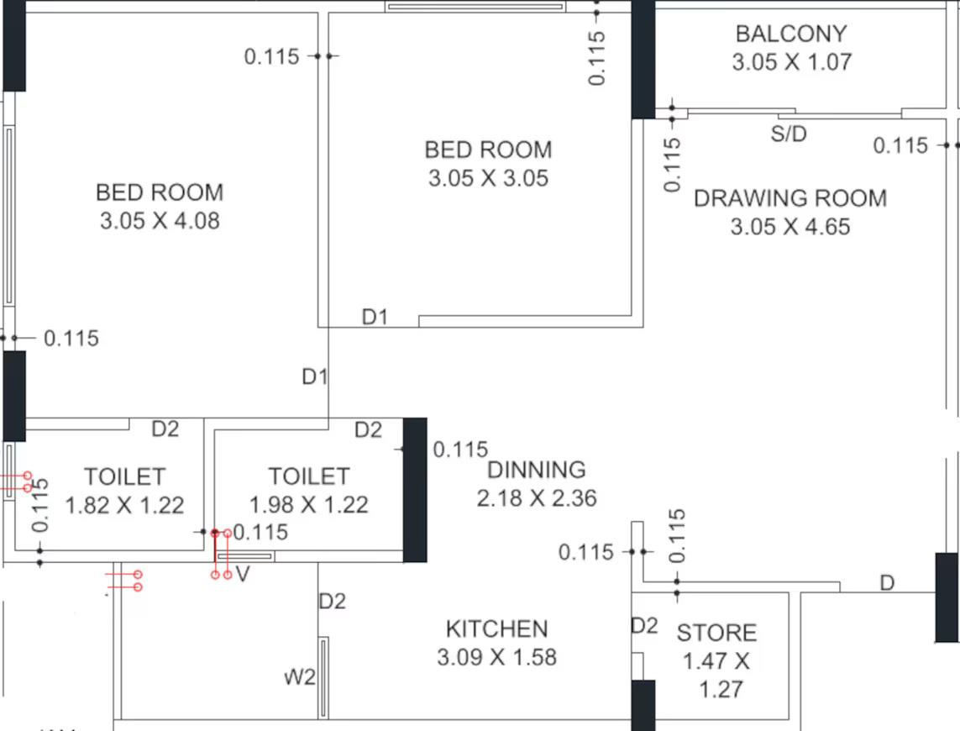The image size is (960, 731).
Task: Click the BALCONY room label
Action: click(x=791, y=34)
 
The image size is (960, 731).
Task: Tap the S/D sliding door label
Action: click(x=789, y=134)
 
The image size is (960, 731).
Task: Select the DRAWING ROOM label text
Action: click(x=790, y=198)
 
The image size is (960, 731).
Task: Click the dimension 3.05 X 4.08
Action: click(x=160, y=221)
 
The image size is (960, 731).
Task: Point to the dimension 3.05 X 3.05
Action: click(x=488, y=178)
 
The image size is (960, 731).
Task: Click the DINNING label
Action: click(x=537, y=470)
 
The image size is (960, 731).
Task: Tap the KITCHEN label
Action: click(x=496, y=629)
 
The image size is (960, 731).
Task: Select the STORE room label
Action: click(x=716, y=633)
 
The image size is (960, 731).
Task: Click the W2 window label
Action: click(x=300, y=677)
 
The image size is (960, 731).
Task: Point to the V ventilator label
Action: click(x=243, y=574)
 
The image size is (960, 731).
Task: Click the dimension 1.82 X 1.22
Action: click(x=124, y=506)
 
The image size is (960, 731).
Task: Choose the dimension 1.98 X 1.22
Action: click(x=308, y=505)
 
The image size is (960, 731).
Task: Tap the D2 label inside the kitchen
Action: click(x=332, y=601)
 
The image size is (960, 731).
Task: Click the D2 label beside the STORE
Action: click(x=645, y=626)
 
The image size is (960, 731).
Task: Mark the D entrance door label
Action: click(x=887, y=583)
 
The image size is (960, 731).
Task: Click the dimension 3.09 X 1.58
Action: click(x=496, y=657)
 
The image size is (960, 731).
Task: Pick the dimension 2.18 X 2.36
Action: click(x=537, y=498)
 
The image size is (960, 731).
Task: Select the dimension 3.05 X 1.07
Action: click(x=791, y=62)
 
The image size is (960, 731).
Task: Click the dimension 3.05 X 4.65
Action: click(x=790, y=227)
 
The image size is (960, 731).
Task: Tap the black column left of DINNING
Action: click(x=415, y=490)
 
